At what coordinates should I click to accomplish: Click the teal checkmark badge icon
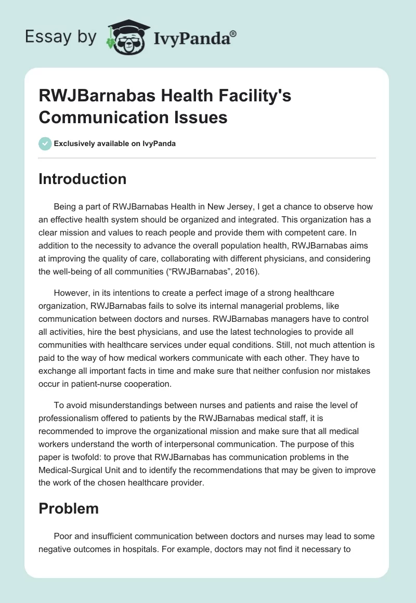[45, 143]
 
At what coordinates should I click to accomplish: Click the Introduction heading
[82, 179]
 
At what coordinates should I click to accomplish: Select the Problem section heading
[69, 508]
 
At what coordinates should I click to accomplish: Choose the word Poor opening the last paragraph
[62, 536]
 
